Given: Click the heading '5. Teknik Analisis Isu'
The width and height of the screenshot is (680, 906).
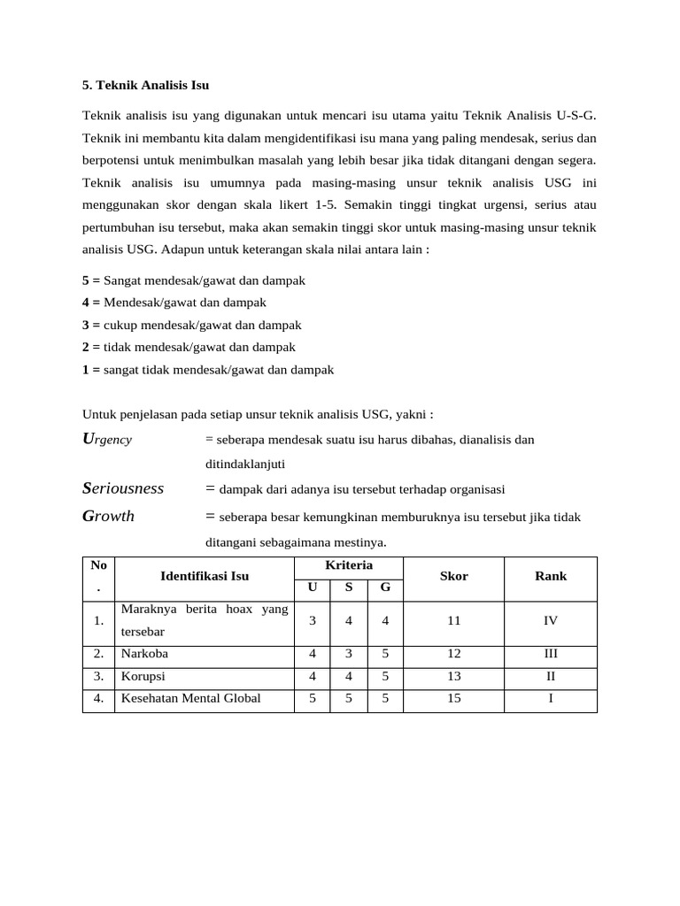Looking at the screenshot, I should click(x=145, y=86).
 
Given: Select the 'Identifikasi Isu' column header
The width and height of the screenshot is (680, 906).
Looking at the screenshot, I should click(x=205, y=576).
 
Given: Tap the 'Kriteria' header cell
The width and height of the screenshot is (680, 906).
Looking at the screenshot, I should click(x=349, y=565).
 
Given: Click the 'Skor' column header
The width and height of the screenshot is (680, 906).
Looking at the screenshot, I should click(x=454, y=576).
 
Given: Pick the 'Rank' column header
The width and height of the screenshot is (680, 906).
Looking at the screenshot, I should click(x=551, y=576).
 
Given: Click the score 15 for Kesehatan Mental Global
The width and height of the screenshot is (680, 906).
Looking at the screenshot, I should click(x=454, y=699).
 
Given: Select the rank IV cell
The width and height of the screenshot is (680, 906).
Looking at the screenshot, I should click(x=551, y=621).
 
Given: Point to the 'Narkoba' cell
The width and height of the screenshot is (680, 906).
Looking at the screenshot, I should click(x=145, y=655).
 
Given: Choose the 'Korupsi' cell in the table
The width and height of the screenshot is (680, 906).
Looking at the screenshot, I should click(x=143, y=677).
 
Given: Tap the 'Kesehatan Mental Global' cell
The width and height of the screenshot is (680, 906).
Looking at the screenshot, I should click(x=191, y=699).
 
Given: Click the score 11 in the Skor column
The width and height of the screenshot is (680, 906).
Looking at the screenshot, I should click(x=454, y=621).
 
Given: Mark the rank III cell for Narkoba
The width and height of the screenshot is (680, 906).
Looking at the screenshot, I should click(x=551, y=655).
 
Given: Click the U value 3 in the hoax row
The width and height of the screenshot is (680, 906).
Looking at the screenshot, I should click(x=313, y=621).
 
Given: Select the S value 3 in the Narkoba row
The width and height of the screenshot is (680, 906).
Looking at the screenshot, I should click(x=349, y=655).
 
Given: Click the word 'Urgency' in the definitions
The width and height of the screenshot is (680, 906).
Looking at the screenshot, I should click(x=107, y=439).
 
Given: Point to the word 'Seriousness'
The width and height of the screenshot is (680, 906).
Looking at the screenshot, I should click(x=123, y=488).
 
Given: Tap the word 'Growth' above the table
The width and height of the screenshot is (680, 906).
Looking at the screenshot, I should click(x=108, y=516).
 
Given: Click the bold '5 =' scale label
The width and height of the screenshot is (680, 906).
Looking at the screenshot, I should click(x=91, y=280).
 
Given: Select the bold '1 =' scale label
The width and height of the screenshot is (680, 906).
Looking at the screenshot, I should click(x=91, y=370).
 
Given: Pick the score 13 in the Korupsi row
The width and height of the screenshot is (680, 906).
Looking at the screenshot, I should click(x=454, y=677).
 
